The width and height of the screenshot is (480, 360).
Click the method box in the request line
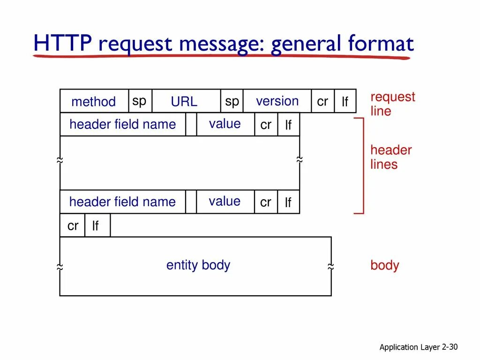94,101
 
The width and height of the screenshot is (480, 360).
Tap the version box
277,101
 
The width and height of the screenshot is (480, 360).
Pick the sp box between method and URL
140,101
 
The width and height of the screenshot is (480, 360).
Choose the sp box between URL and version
232,101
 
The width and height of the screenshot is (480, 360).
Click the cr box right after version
322,101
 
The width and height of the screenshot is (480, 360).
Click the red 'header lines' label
391,157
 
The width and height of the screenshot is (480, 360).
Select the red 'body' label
384,265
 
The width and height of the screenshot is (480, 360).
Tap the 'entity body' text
198,265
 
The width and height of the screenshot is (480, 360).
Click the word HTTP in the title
62,45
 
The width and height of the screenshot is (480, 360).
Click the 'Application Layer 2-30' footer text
418,347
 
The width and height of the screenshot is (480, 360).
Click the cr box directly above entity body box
73,225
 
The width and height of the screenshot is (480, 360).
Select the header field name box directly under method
122,125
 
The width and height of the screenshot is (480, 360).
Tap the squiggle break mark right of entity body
331,267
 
